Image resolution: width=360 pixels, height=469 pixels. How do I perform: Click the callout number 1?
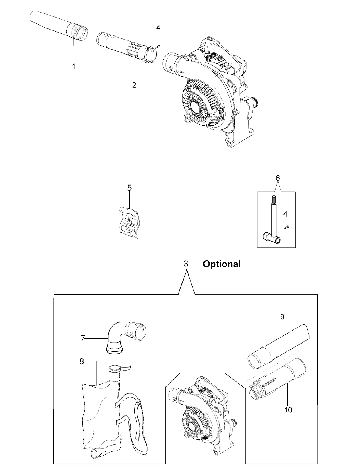(x=74, y=66)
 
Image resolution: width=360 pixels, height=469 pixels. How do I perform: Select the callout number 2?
(x=134, y=85)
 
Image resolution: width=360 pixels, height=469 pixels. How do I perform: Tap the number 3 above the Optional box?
(x=186, y=264)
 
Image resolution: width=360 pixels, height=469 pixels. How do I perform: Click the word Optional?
(x=222, y=264)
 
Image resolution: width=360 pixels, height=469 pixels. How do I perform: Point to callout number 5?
(x=129, y=188)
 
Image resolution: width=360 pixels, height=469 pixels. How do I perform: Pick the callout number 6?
(x=278, y=178)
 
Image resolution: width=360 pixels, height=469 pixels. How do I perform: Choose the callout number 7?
(x=83, y=338)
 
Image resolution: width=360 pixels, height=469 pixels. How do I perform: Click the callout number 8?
(x=81, y=361)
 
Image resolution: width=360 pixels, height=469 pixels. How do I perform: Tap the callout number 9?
(x=282, y=317)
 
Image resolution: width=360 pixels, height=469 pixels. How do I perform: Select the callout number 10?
(x=288, y=410)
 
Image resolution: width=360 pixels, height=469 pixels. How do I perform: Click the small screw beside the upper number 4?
(x=157, y=46)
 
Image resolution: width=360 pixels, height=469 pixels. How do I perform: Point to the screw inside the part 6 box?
(x=287, y=227)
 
